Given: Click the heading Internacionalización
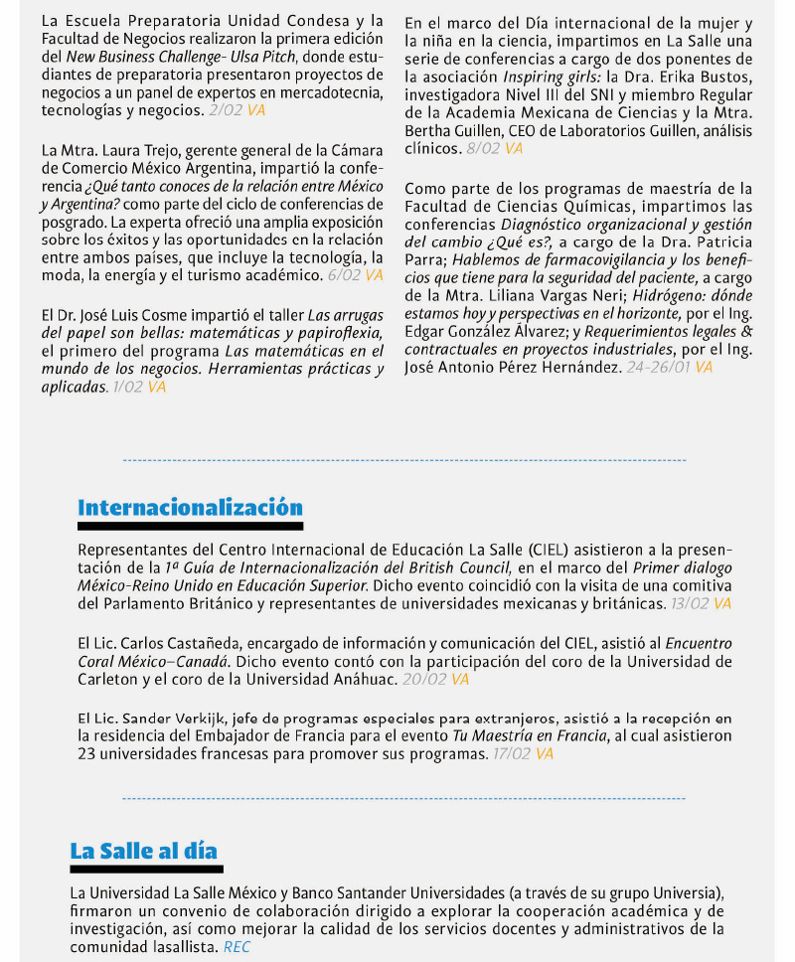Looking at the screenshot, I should pos(190,508).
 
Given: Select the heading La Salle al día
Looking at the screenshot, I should pos(143,851).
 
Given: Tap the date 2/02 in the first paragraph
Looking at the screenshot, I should pos(225,111).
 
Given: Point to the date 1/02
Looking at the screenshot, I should pos(127,388).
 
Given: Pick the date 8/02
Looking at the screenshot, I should pos(482,149).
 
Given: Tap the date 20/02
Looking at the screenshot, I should pos(424,680).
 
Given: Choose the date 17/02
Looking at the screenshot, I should pos(511,754).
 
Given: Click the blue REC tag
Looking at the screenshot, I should pos(237,948).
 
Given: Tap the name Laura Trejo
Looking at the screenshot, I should pos(128,150).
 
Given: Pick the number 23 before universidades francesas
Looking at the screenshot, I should pos(87,754).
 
